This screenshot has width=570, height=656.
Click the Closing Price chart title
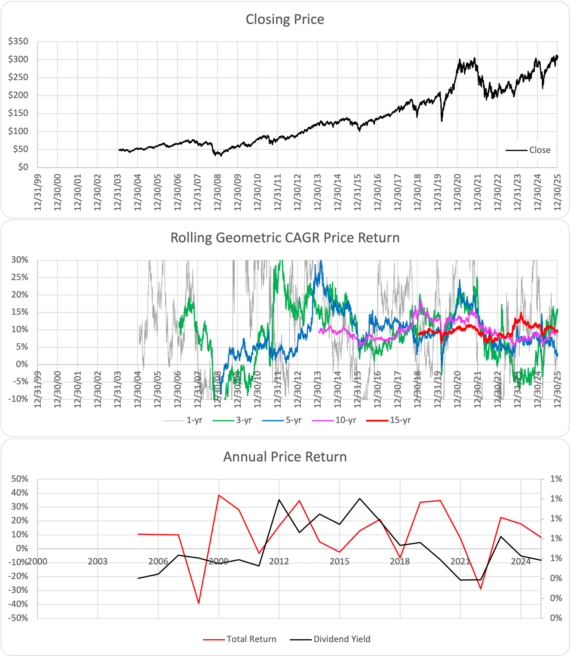coord(285,19)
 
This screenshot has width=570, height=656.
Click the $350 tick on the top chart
coord(18,42)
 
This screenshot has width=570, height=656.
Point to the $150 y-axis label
coord(18,113)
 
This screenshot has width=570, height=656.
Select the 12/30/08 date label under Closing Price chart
coord(218,192)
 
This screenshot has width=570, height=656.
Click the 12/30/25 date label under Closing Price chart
coord(558,192)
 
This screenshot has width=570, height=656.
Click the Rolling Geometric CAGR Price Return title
coord(285,238)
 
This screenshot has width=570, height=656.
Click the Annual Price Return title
coord(285,457)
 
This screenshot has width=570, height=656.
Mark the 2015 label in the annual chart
coord(339,562)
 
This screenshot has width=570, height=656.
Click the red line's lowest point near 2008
coord(199,603)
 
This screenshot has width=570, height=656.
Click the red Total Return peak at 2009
coord(218,495)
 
